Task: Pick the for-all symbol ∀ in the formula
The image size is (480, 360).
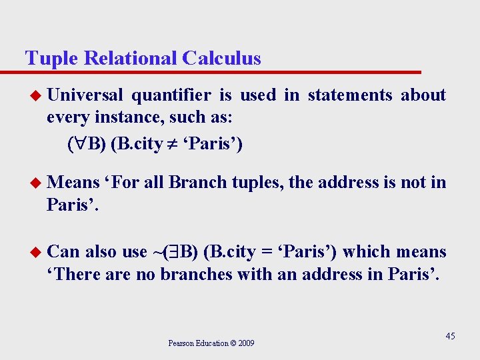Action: (78, 144)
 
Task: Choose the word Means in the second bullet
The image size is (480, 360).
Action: (73, 182)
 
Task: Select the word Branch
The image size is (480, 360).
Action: (197, 182)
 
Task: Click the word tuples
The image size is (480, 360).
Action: (257, 182)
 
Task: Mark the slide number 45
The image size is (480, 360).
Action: (450, 336)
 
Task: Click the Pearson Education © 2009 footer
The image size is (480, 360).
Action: (211, 343)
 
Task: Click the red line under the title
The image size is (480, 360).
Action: (220, 71)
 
